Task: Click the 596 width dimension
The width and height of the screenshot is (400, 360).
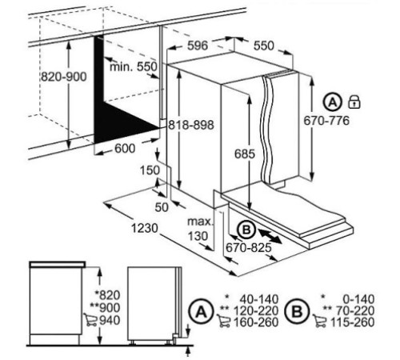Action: pyautogui.click(x=198, y=46)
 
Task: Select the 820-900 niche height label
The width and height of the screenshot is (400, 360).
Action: pyautogui.click(x=64, y=77)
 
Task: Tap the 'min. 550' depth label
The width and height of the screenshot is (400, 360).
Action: pyautogui.click(x=134, y=66)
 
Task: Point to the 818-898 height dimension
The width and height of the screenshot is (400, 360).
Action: pyautogui.click(x=191, y=125)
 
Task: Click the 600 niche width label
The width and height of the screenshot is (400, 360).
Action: pyautogui.click(x=125, y=148)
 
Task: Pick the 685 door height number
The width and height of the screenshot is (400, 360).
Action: pyautogui.click(x=245, y=154)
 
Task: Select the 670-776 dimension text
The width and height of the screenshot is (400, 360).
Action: pyautogui.click(x=326, y=121)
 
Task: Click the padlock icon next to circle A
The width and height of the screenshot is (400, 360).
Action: pyautogui.click(x=354, y=102)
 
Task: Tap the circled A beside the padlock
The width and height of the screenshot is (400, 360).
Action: pyautogui.click(x=333, y=102)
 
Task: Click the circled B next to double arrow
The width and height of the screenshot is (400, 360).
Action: pyautogui.click(x=246, y=230)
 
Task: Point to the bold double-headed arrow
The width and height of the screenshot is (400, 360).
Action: pyautogui.click(x=270, y=236)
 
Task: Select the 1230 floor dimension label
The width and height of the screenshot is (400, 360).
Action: pyautogui.click(x=145, y=228)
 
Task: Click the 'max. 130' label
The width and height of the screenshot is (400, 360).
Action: pyautogui.click(x=198, y=229)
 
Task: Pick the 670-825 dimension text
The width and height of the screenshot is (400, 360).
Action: pyautogui.click(x=249, y=248)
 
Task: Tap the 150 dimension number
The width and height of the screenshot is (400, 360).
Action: pyautogui.click(x=150, y=170)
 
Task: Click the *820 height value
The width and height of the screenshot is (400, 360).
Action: pyautogui.click(x=108, y=295)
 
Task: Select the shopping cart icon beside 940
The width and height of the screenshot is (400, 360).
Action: pyautogui.click(x=90, y=319)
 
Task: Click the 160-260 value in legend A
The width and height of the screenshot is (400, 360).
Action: pyautogui.click(x=256, y=322)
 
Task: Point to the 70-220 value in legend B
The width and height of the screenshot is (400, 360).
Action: pyautogui.click(x=355, y=310)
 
